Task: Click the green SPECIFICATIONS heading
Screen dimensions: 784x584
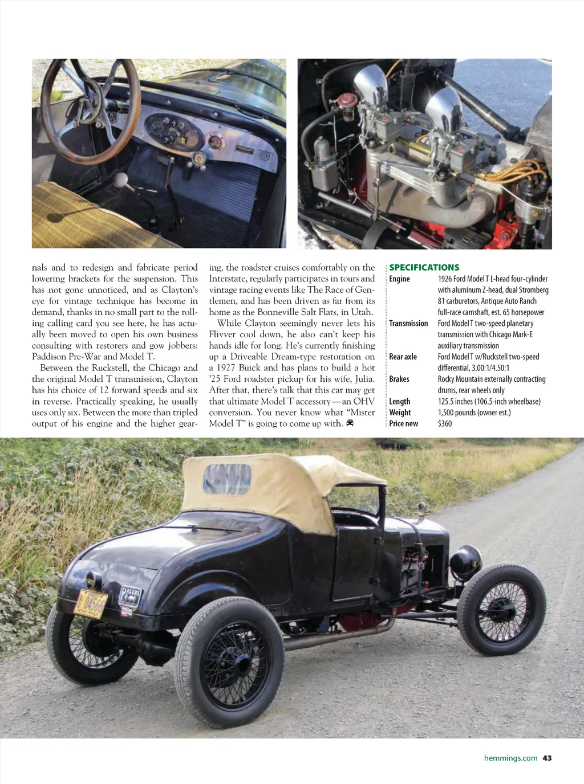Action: coord(424,267)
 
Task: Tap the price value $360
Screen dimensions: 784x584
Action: coord(445,424)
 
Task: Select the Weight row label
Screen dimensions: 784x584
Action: coord(400,413)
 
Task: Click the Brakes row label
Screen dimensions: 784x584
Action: coord(399,379)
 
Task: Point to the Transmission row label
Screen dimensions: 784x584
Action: coord(408,323)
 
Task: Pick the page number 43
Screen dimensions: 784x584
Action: coord(547,758)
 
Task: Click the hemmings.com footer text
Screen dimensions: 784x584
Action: coord(510,758)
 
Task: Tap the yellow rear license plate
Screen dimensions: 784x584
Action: coord(91,604)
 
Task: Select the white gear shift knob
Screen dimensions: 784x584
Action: coord(120,181)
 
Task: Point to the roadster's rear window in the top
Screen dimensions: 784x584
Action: coord(228,479)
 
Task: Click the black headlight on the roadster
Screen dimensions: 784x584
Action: coord(465,561)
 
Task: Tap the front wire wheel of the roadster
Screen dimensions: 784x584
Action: coord(501,610)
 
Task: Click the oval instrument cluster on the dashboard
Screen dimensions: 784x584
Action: coord(173,132)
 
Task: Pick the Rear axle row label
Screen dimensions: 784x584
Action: coord(403,357)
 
